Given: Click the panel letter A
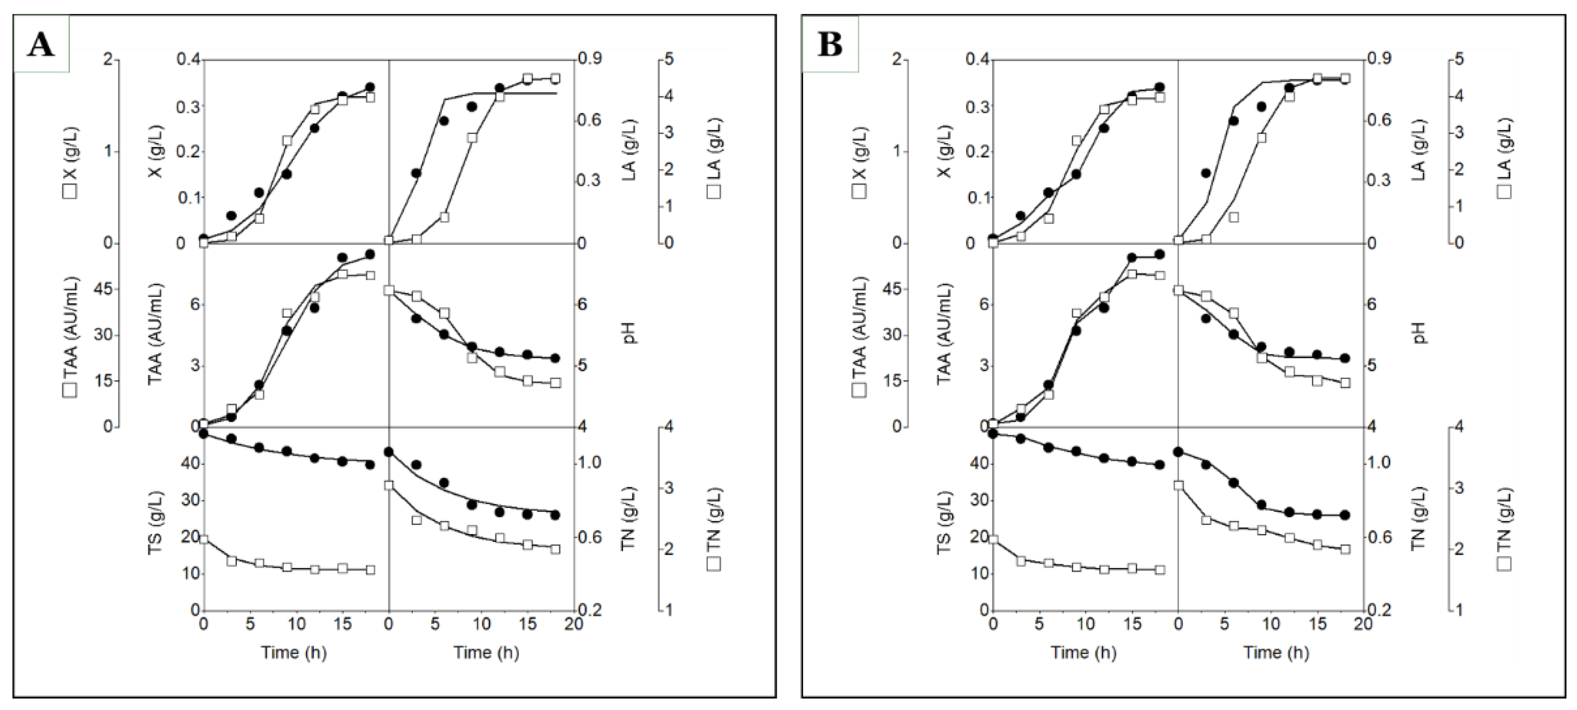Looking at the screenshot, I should point(41,44).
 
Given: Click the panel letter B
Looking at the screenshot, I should point(830,44).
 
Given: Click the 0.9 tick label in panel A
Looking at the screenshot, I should point(590,59).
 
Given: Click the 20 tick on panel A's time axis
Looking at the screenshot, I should point(574,624).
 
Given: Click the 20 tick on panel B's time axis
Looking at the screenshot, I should point(1363,624).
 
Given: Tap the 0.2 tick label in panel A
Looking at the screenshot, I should point(590,610).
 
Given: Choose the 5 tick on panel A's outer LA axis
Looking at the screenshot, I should point(669,59).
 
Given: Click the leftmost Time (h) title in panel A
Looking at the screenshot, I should point(294,653).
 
